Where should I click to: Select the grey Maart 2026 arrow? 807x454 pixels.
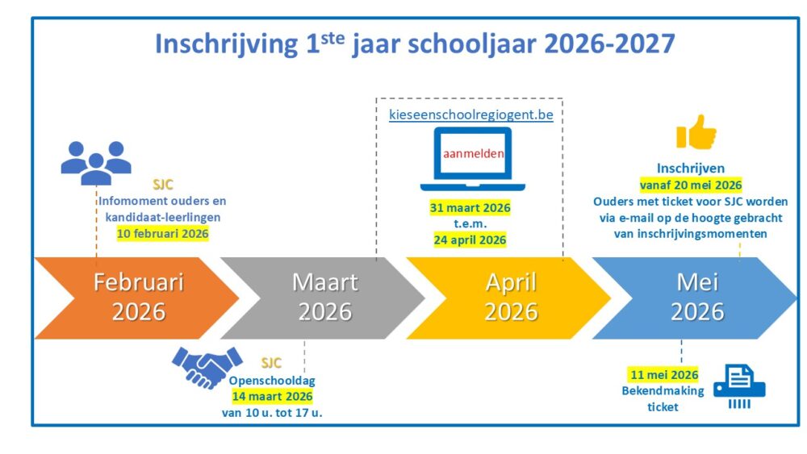click(324, 298)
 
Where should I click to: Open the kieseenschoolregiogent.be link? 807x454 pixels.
click(471, 115)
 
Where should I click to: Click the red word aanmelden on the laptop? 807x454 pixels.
click(474, 153)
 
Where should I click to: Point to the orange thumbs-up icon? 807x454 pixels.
click(696, 132)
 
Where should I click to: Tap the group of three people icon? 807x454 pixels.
click(96, 163)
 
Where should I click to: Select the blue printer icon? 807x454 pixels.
click(739, 386)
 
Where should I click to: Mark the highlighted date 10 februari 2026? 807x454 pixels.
click(163, 233)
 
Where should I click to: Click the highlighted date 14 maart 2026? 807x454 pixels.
click(272, 397)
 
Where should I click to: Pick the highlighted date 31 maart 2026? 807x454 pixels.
click(470, 208)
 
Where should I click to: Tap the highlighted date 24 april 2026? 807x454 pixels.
click(470, 240)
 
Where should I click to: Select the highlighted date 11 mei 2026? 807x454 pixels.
click(664, 375)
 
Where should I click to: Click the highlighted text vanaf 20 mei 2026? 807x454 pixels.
click(691, 185)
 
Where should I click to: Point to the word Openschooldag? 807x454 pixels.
click(272, 381)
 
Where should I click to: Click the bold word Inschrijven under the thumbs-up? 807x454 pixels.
click(691, 168)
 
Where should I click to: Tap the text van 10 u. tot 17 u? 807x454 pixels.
click(272, 412)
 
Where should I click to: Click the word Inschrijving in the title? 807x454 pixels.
click(227, 44)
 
